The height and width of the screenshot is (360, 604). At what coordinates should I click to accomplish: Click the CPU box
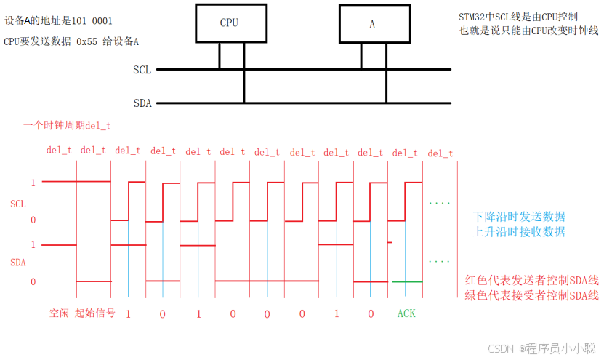(229, 23)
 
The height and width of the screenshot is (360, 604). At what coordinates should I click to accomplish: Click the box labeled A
(371, 24)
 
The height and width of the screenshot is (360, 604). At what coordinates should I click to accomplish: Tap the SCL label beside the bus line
(142, 70)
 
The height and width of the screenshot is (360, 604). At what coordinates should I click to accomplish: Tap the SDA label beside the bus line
(142, 103)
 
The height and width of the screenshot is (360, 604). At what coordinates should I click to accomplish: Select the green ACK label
(406, 313)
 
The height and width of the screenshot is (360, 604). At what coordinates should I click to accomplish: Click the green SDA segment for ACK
(406, 281)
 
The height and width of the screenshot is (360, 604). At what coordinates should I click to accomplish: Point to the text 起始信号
(94, 313)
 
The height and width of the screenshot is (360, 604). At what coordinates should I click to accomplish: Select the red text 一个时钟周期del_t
(67, 125)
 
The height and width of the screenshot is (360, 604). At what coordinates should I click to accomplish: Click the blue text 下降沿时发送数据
(518, 217)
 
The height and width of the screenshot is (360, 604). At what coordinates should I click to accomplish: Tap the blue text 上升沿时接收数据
(518, 232)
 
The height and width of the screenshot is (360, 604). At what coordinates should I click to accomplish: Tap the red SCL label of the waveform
(17, 204)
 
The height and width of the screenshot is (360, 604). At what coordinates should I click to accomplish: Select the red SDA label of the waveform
(17, 260)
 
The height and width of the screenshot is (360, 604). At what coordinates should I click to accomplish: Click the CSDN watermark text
(499, 348)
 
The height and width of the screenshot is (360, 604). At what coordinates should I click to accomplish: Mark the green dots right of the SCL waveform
(440, 203)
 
